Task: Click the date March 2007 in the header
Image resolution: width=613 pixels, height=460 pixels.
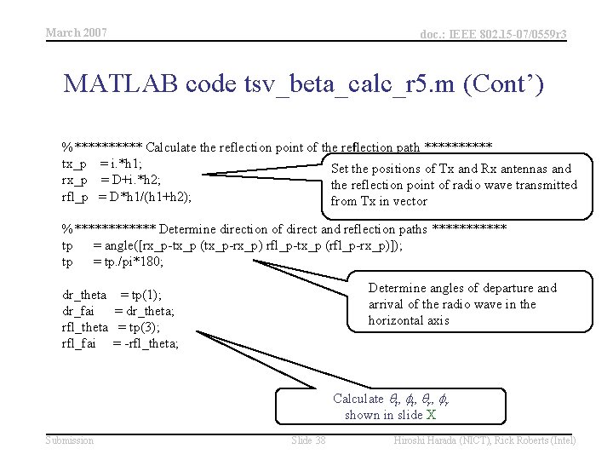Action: coord(76,32)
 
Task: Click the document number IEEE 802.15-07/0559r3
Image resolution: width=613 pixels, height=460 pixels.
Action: coord(493,34)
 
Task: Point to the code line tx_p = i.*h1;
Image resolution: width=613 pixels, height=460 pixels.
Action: coord(102,164)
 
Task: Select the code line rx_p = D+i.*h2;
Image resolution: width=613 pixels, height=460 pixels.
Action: coord(111,181)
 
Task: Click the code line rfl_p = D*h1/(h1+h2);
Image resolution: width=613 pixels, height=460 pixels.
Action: coord(126,197)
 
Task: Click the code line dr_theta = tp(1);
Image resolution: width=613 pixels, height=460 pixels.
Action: coord(112,296)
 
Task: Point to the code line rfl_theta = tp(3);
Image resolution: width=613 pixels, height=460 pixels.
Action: coord(111,328)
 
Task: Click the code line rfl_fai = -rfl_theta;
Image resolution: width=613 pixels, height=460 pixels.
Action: coord(120,344)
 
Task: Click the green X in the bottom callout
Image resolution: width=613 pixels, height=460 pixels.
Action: coord(431,415)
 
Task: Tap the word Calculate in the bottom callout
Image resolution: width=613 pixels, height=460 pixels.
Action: coord(358,399)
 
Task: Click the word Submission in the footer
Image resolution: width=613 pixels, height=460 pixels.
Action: coord(70,440)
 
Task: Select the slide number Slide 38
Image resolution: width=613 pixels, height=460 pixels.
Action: coord(308,440)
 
